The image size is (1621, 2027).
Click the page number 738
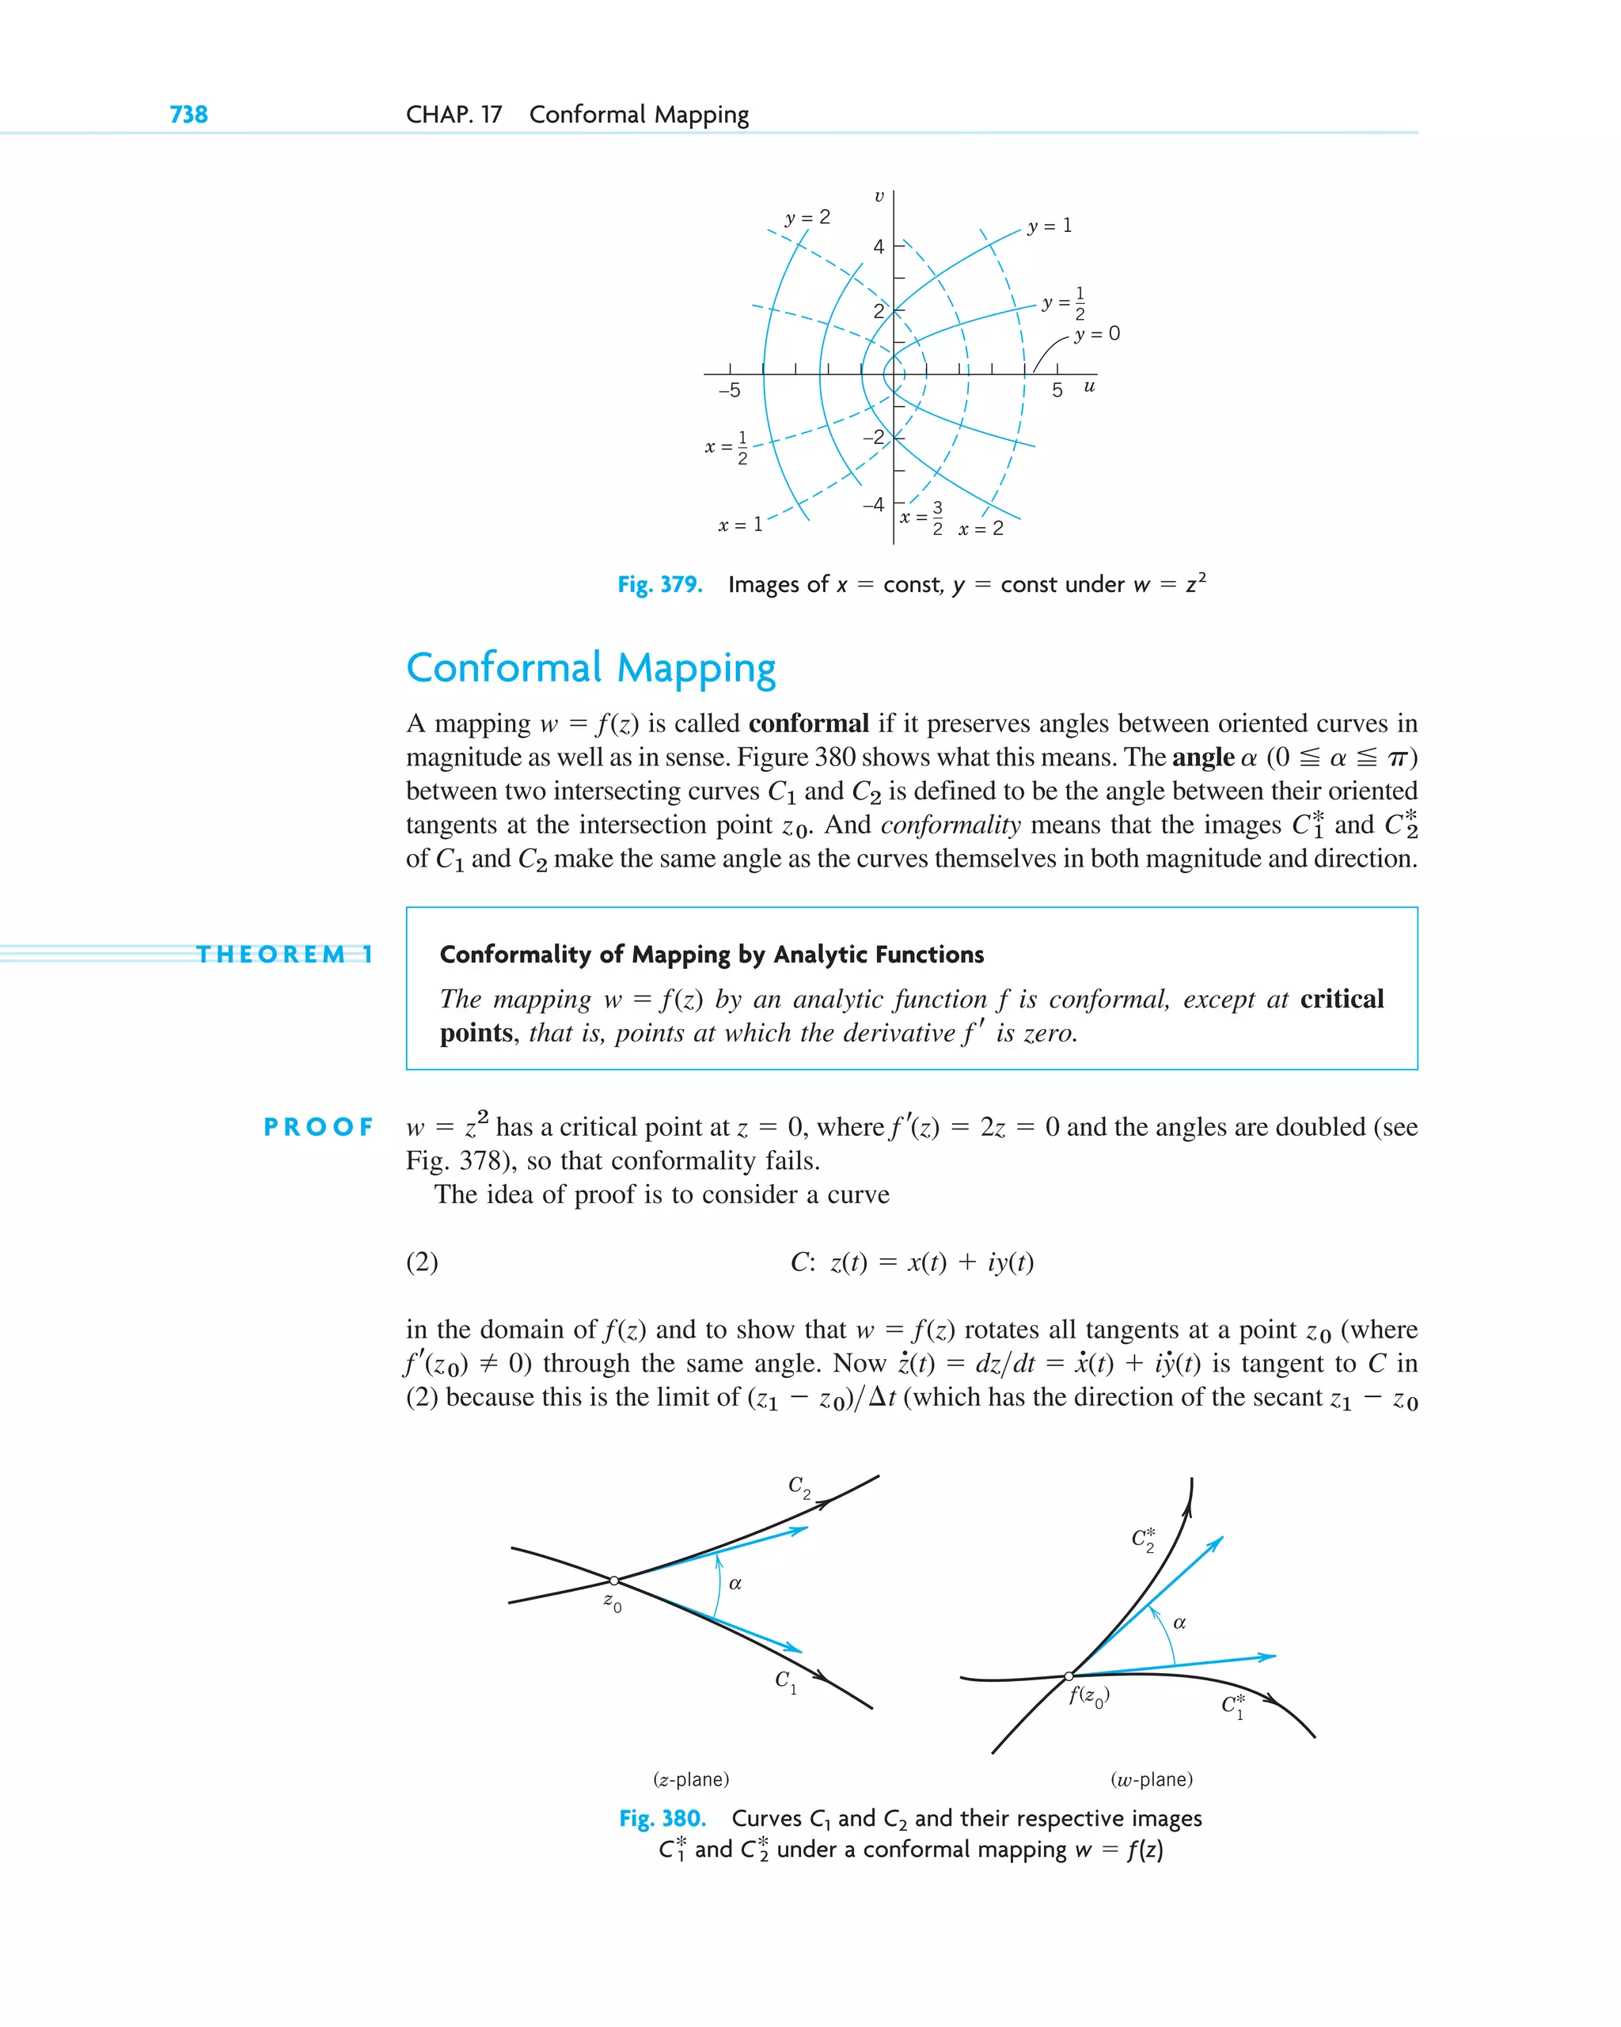tap(188, 115)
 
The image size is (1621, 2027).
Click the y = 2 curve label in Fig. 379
tap(807, 217)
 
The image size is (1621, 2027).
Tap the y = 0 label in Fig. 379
tap(1096, 334)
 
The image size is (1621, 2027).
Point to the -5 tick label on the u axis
tap(729, 390)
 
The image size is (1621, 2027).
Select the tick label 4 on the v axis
tap(879, 247)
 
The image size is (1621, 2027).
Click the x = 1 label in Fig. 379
tap(740, 525)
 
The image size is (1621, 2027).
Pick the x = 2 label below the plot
tap(981, 530)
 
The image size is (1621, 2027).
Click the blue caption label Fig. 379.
tap(659, 585)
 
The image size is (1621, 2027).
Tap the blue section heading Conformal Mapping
tap(590, 669)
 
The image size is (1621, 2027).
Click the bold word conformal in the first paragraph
tap(807, 724)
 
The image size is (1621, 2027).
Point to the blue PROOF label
tap(318, 1126)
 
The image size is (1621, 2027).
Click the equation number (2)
tap(422, 1262)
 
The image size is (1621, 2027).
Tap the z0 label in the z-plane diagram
tap(612, 1602)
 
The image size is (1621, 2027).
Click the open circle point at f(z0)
tap(1069, 1676)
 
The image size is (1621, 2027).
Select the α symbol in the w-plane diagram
tap(1179, 1623)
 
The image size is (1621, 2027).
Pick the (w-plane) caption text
tap(1151, 1780)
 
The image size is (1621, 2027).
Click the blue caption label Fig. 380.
tap(662, 1818)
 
